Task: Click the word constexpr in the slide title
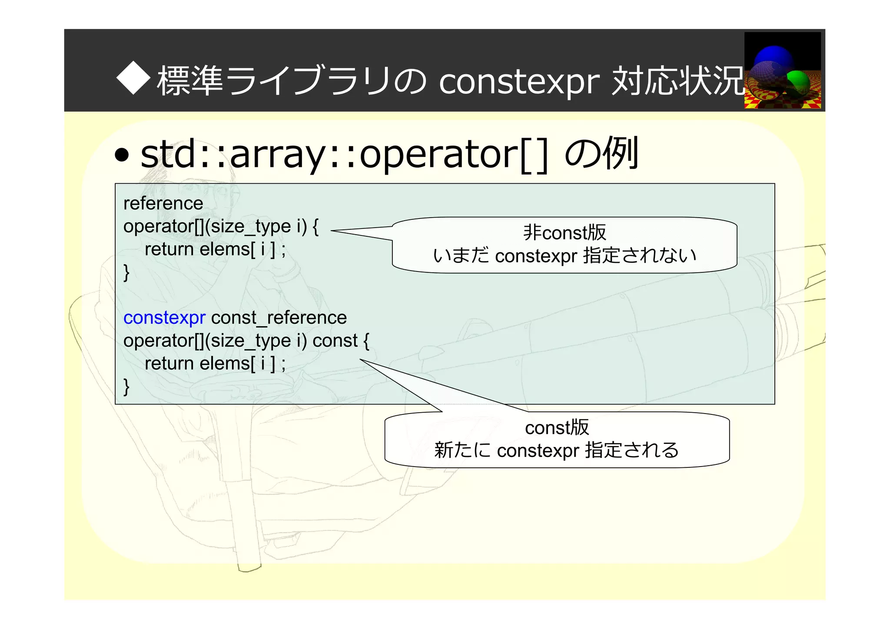click(x=519, y=82)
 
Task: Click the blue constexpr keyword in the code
click(x=164, y=318)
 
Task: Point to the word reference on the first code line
click(x=163, y=203)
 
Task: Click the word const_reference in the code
click(x=279, y=318)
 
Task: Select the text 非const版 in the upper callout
click(x=564, y=232)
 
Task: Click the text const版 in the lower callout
click(x=557, y=427)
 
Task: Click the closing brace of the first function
click(x=126, y=272)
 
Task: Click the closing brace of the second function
click(x=126, y=386)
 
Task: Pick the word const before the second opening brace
click(x=335, y=341)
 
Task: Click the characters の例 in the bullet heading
click(x=601, y=153)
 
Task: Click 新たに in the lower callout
click(x=462, y=450)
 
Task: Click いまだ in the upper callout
click(x=462, y=255)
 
